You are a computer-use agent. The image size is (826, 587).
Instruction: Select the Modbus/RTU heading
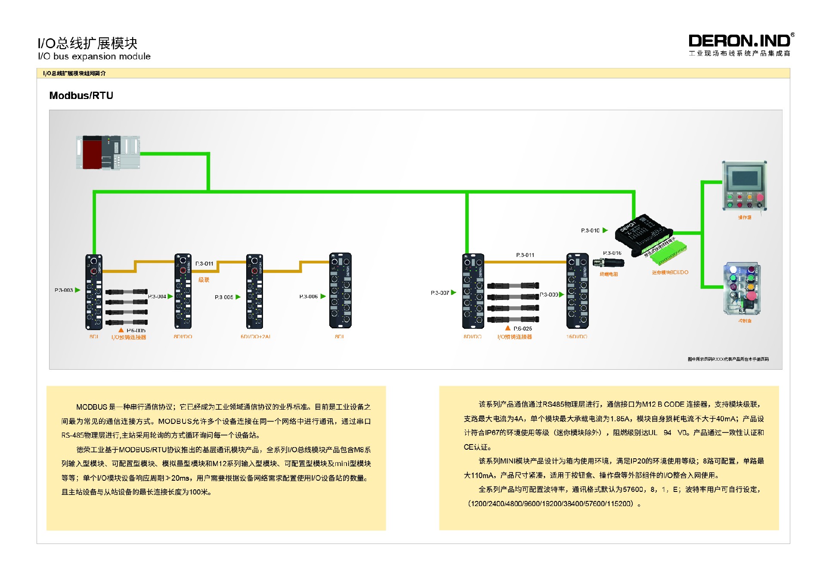[81, 96]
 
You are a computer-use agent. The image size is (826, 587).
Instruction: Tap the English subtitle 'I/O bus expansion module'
[94, 56]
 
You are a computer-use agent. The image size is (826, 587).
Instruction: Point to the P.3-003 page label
[63, 290]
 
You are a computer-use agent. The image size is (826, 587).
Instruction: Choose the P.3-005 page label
[224, 297]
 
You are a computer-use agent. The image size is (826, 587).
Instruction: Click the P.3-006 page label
[308, 297]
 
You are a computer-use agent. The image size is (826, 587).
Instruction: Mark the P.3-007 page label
[439, 293]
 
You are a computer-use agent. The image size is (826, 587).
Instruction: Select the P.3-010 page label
[590, 231]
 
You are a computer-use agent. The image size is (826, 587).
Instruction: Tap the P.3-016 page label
[612, 253]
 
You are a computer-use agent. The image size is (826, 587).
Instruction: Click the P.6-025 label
[522, 329]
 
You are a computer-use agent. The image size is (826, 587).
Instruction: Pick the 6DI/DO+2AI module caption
[255, 337]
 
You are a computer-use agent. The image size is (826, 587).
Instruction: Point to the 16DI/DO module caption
[576, 337]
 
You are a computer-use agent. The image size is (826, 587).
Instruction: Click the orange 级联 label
[204, 280]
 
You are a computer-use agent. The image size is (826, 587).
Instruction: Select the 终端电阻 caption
[608, 274]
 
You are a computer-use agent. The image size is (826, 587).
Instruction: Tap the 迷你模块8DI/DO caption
[670, 272]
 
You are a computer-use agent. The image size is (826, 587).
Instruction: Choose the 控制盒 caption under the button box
[745, 321]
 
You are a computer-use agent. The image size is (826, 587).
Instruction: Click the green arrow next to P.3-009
[561, 294]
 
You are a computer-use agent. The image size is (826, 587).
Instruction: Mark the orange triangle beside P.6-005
[121, 330]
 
